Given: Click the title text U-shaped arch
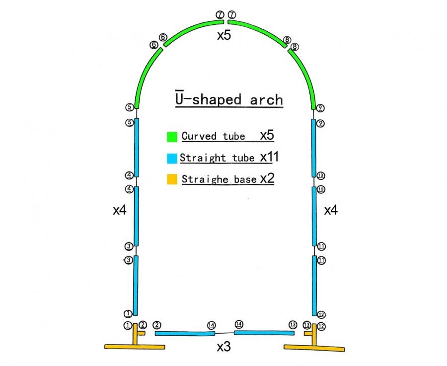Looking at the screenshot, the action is pos(228,99).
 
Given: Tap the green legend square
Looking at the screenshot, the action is pos(172,136).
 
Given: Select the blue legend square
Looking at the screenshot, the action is pos(172,158).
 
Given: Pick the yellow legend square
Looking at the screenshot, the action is pos(172,179).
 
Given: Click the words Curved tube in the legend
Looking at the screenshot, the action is pos(213,136).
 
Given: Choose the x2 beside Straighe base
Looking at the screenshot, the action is pos(267,179).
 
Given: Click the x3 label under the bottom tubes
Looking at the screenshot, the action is pos(223,347).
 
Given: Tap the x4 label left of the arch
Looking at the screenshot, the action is pos(119,210).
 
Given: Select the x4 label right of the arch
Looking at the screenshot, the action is pos(331,210).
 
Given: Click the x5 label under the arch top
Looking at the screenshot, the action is pos(224,36).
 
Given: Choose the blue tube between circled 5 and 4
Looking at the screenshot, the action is pos(136,147).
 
